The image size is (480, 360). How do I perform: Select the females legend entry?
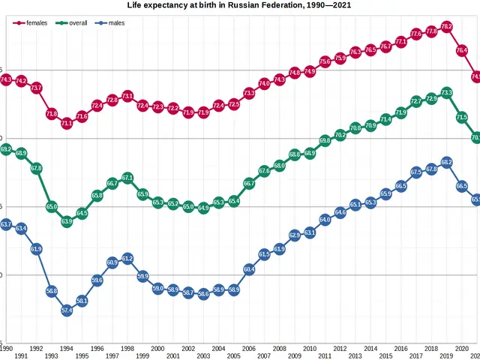[31, 23]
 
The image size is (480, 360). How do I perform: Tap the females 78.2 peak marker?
[446, 26]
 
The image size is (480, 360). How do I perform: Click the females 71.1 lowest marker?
[67, 123]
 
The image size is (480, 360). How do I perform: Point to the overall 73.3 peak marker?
[446, 93]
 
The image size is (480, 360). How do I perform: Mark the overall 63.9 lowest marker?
[67, 221]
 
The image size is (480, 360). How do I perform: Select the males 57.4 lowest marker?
[67, 310]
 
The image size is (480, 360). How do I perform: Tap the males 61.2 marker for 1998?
[127, 258]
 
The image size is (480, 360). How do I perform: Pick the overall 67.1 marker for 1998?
[127, 178]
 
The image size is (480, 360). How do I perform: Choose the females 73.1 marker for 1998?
[127, 96]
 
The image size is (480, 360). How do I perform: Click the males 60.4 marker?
[249, 268]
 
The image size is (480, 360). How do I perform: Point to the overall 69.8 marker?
[325, 140]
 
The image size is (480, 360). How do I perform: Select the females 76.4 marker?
[462, 50]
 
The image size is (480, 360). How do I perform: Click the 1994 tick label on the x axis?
[67, 349]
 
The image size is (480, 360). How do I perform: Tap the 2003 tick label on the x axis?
[203, 356]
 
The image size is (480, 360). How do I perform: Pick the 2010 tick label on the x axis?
[310, 349]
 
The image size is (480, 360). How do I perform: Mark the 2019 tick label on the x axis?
[446, 356]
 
